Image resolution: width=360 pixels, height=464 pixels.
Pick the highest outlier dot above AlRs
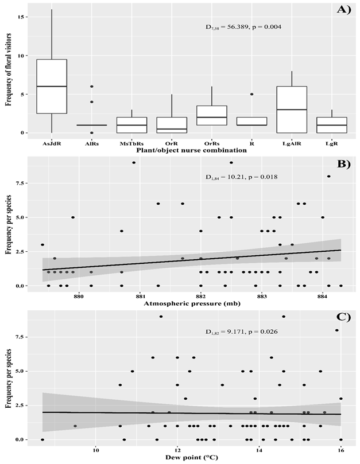pos(92,87)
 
